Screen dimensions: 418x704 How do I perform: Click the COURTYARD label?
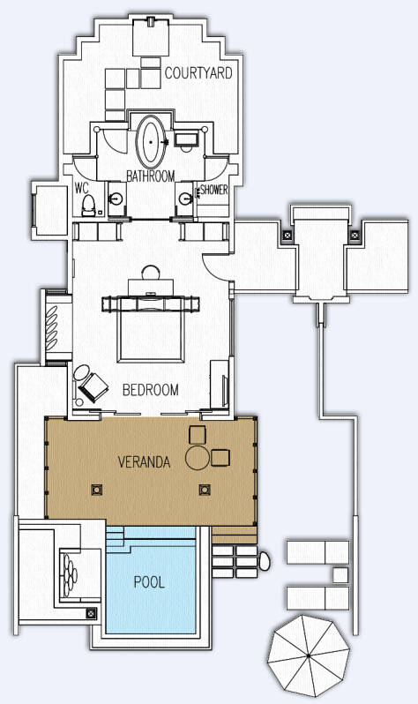click(x=198, y=72)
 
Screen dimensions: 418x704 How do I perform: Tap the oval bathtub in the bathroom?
click(x=151, y=141)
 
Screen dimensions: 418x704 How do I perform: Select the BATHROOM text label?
click(x=151, y=176)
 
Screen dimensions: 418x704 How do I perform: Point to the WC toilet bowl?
click(x=88, y=206)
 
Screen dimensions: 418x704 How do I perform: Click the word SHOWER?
click(x=214, y=190)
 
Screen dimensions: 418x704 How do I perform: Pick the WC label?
click(x=82, y=189)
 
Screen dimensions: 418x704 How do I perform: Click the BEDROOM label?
click(x=151, y=389)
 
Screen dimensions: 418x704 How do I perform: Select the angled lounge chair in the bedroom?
click(x=93, y=387)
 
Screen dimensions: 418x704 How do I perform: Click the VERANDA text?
click(x=144, y=461)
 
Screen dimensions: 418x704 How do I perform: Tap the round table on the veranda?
click(x=198, y=458)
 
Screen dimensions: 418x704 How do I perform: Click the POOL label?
click(x=150, y=582)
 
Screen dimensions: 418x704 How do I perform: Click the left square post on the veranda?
click(x=96, y=489)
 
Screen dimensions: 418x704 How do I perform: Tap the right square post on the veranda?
click(x=205, y=489)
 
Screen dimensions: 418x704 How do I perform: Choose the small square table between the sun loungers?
click(x=340, y=574)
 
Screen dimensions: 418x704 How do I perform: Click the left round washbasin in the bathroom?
click(x=117, y=197)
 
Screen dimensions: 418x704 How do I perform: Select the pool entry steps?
click(x=116, y=535)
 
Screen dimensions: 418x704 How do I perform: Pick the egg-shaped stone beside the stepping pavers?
click(x=265, y=561)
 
